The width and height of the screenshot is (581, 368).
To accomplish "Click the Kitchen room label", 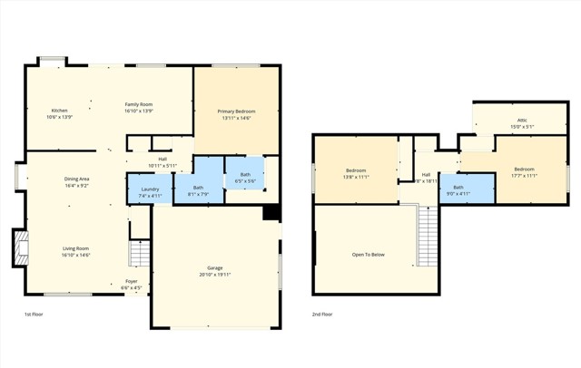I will point(59,111).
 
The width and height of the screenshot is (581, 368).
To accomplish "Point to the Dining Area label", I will point(76,179).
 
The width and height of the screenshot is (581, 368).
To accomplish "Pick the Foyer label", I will point(132,282).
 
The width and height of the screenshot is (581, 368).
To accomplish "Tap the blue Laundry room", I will point(150,192).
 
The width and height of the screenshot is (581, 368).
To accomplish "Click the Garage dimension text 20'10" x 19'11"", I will point(215,275).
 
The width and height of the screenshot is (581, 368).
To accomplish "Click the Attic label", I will point(522,120).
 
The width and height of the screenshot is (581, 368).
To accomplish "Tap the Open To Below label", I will point(369,255).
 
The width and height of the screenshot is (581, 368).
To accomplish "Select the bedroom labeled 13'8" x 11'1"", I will point(357,171).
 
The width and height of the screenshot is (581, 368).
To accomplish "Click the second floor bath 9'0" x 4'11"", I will point(458,189).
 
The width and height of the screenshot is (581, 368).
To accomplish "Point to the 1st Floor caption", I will point(34,315).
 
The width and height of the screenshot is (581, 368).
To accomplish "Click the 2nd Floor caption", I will point(322,315).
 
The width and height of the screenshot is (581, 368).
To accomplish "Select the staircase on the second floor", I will point(427,236).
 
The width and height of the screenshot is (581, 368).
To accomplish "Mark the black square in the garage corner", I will point(270,213).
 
